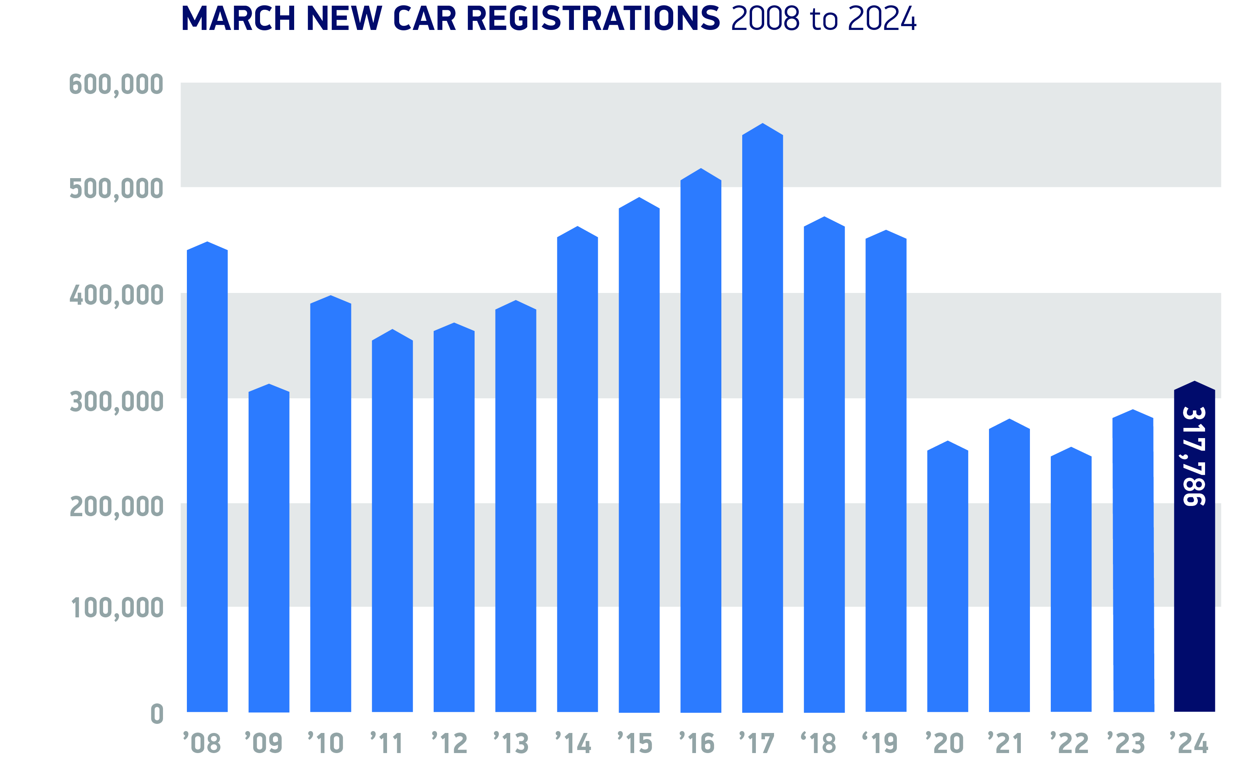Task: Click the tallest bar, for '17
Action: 762,419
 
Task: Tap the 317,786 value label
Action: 1194,456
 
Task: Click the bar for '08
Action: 207,480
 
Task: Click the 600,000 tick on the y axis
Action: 116,84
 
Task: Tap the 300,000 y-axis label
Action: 116,402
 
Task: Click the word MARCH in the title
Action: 238,19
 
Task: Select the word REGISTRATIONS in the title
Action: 593,19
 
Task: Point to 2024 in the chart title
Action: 882,19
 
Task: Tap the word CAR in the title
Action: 424,19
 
